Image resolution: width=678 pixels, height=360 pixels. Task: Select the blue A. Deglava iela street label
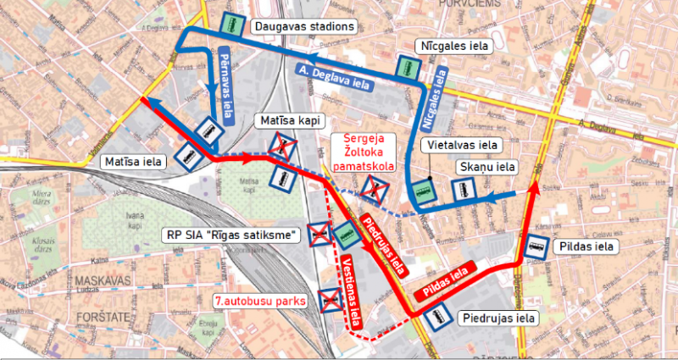334,74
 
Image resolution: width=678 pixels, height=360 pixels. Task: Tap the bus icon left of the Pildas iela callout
536,246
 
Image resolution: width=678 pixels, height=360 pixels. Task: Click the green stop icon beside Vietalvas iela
421,190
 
